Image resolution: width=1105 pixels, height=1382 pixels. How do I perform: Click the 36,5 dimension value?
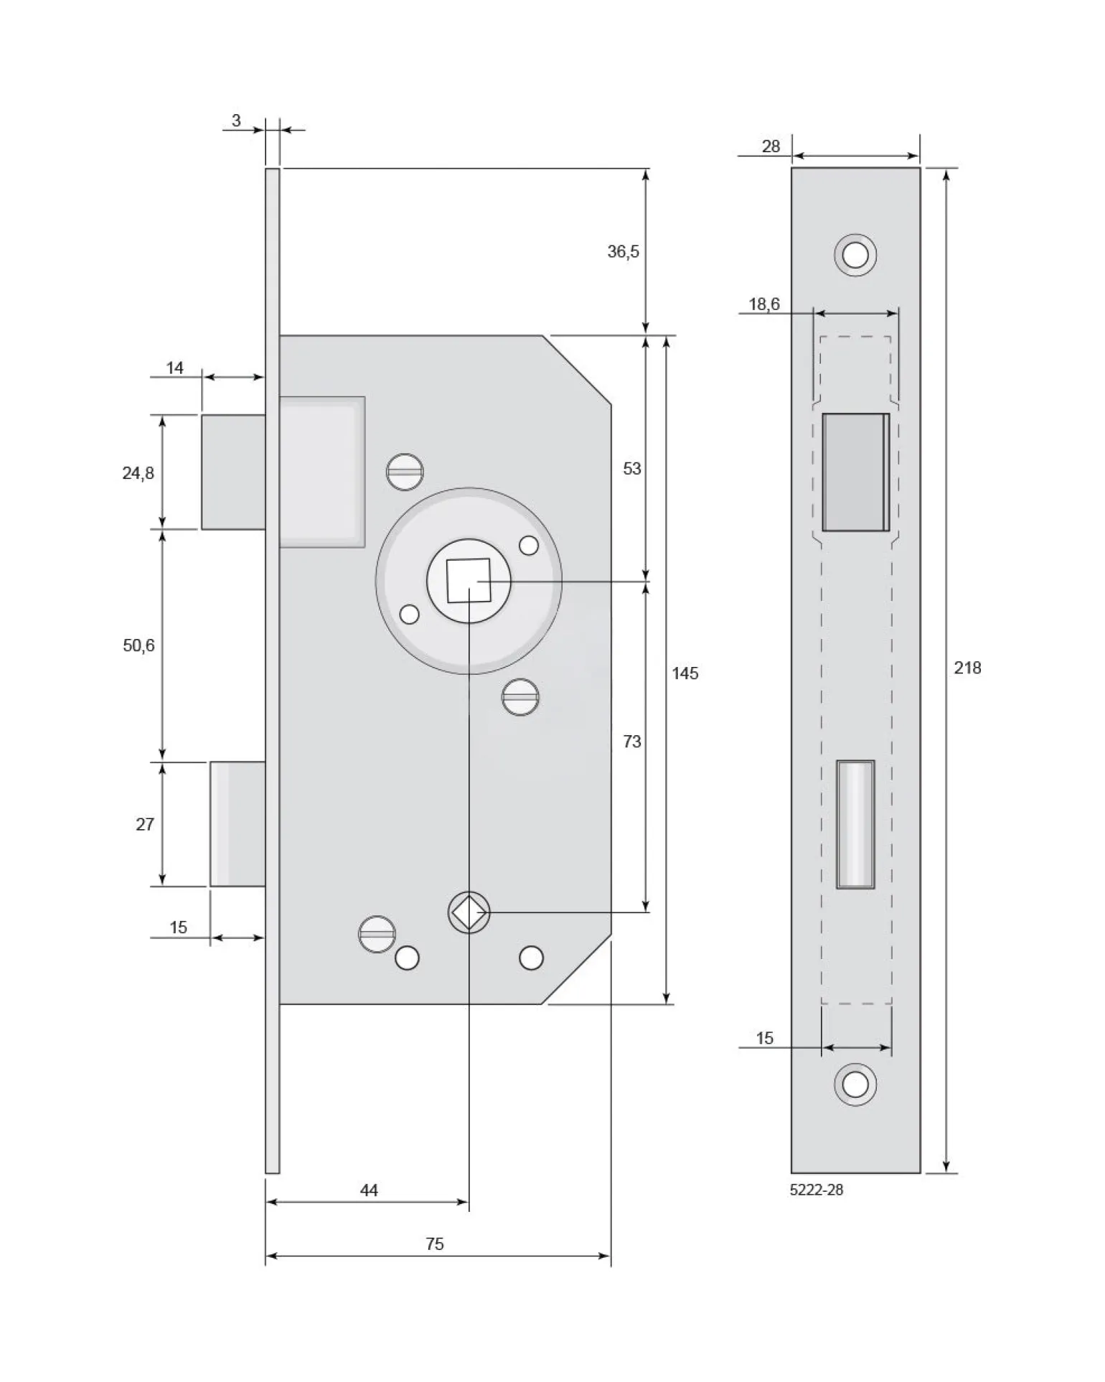point(623,251)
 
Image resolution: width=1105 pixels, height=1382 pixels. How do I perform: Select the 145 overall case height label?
point(685,673)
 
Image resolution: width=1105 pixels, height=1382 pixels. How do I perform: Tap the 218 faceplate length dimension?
point(967,668)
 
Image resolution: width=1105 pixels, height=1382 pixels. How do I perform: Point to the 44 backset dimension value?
point(369,1190)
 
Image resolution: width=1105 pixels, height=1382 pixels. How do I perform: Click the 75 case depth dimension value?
point(435,1243)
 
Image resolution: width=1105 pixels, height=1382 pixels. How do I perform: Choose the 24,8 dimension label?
point(138,473)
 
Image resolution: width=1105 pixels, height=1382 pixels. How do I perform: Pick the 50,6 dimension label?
point(138,645)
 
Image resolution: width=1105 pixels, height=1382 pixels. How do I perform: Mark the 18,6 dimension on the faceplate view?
point(764,304)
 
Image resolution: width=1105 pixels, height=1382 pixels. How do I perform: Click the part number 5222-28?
point(817,1190)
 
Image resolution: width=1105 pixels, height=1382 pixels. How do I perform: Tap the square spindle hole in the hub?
point(469,580)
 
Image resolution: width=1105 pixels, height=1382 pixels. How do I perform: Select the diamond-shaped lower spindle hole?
point(469,912)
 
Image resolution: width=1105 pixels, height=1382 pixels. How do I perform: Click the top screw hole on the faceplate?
point(855,255)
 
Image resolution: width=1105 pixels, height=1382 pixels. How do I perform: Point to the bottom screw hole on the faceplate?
point(855,1084)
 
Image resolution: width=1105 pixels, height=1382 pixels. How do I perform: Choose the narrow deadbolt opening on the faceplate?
point(855,824)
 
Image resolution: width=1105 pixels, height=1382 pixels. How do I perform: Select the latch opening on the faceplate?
point(856,472)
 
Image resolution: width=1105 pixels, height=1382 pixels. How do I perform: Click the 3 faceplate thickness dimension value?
point(236,121)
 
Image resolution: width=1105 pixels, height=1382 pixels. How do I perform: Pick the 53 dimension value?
point(631,468)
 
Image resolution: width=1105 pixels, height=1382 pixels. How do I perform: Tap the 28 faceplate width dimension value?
point(771,146)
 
